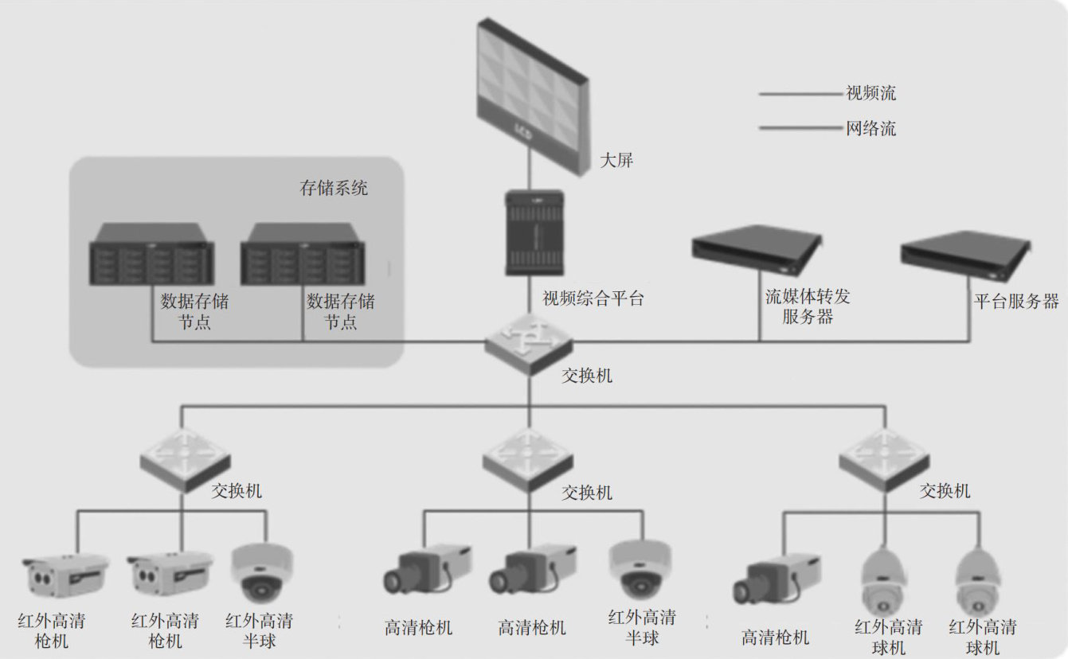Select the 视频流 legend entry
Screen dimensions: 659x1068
pos(870,93)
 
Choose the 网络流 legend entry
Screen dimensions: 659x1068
pos(870,128)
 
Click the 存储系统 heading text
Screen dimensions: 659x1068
pos(334,189)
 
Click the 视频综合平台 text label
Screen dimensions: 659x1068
pos(593,299)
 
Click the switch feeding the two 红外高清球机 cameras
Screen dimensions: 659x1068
pos(883,458)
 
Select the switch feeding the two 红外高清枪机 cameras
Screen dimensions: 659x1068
pos(185,458)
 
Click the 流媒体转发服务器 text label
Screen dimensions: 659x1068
pos(808,306)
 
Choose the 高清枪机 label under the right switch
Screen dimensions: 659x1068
pos(775,638)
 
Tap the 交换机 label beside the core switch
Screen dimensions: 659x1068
pos(587,375)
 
